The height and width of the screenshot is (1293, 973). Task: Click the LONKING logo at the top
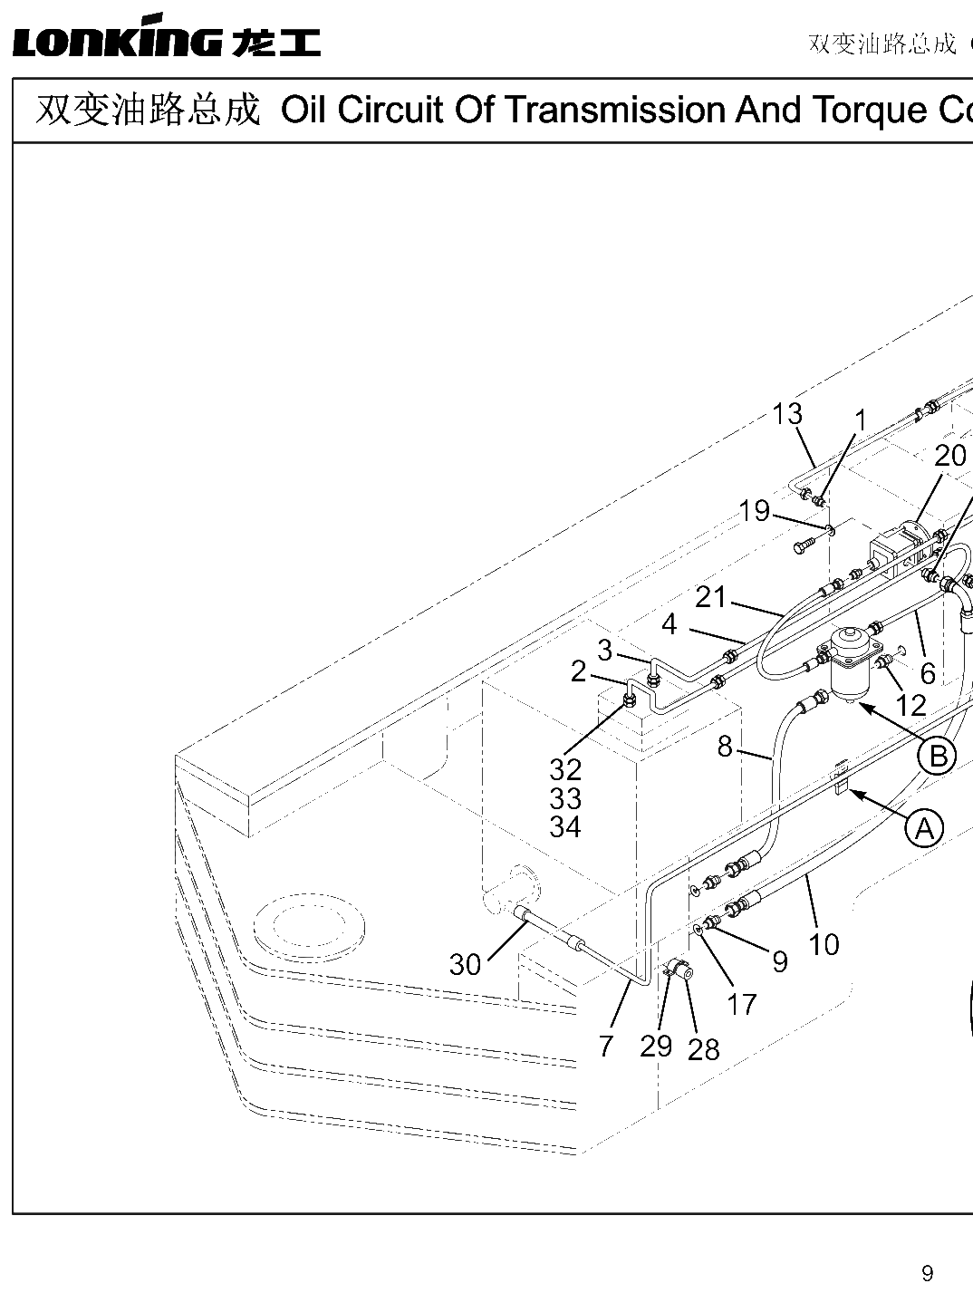click(x=167, y=36)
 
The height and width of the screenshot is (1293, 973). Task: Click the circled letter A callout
click(x=924, y=829)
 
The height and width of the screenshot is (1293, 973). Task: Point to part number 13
click(x=787, y=413)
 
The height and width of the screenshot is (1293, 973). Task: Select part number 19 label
click(x=755, y=510)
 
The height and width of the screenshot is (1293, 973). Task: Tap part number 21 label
click(x=710, y=597)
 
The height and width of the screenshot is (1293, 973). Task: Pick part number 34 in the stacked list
click(x=565, y=826)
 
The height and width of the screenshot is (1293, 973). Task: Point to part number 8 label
click(x=725, y=747)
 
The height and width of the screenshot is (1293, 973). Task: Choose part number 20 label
click(x=949, y=456)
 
